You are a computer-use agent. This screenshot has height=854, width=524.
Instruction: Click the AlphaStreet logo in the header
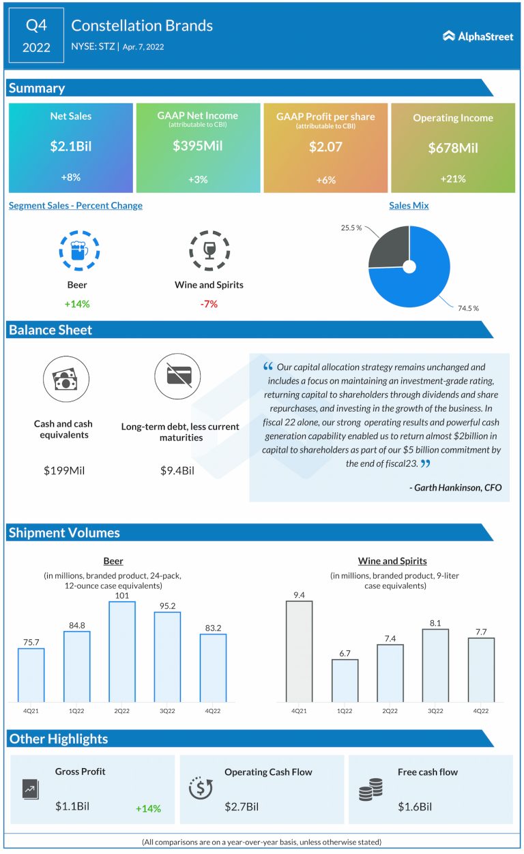click(x=478, y=36)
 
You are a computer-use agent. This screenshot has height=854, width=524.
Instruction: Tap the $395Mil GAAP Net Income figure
click(x=198, y=146)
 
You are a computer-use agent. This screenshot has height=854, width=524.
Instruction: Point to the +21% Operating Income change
click(x=452, y=179)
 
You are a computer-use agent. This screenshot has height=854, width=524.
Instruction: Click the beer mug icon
click(x=78, y=250)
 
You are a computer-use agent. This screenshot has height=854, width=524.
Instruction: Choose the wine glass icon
click(x=208, y=250)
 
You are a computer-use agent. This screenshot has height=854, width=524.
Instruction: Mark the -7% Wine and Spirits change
click(x=209, y=304)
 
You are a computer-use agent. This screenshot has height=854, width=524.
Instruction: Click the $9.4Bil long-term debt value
click(x=177, y=470)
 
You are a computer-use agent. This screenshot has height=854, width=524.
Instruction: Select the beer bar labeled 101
click(x=122, y=652)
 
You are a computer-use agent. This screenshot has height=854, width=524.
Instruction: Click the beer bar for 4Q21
click(x=31, y=675)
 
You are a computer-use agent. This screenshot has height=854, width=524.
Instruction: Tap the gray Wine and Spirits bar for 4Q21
click(x=299, y=651)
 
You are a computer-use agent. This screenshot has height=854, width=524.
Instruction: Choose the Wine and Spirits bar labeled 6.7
click(x=345, y=680)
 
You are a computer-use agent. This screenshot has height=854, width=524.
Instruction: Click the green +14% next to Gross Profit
click(x=148, y=808)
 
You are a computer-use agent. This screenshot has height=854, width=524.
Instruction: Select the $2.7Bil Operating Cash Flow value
click(x=242, y=807)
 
